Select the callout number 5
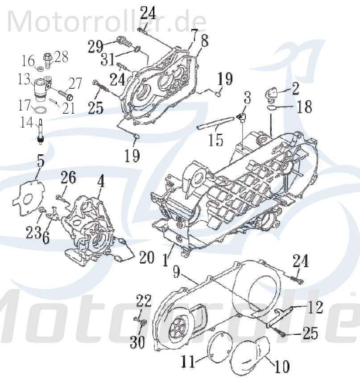point(41,161)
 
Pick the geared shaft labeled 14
point(40,131)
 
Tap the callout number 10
point(281,367)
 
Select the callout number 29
point(95,46)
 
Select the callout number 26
point(69,179)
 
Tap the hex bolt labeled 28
point(47,58)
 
